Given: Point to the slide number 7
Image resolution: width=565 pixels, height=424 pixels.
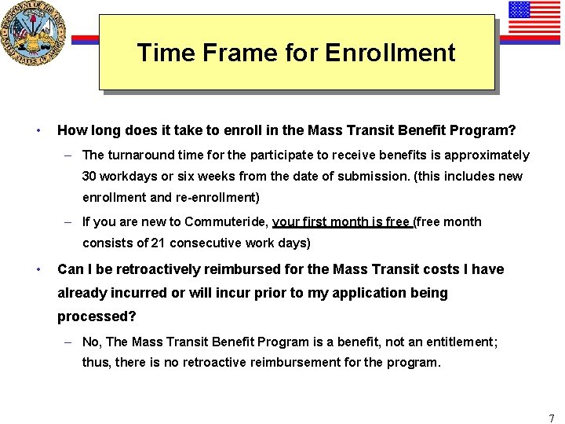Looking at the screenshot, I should pyautogui.click(x=551, y=419).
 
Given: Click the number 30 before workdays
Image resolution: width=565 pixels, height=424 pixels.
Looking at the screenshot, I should pyautogui.click(x=92, y=176).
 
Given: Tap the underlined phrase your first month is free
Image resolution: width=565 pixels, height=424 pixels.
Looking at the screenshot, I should pyautogui.click(x=341, y=222).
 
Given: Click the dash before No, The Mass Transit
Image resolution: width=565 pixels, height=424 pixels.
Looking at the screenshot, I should pyautogui.click(x=69, y=342).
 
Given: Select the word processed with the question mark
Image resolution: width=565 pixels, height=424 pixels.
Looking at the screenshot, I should pyautogui.click(x=96, y=316).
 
